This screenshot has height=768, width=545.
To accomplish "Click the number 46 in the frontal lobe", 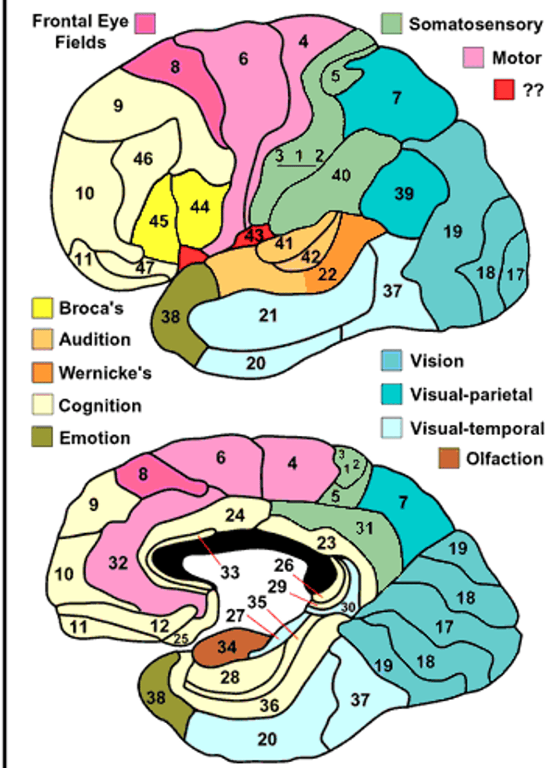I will (143, 158).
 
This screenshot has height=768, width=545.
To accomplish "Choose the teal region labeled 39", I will (403, 193).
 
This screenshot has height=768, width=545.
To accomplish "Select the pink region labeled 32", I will (118, 563).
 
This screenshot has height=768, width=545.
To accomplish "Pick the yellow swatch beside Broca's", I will (43, 308).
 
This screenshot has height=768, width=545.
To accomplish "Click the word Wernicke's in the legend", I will (105, 373).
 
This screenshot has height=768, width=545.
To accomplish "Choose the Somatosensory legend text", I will (475, 25).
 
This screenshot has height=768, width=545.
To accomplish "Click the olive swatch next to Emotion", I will (43, 438).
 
